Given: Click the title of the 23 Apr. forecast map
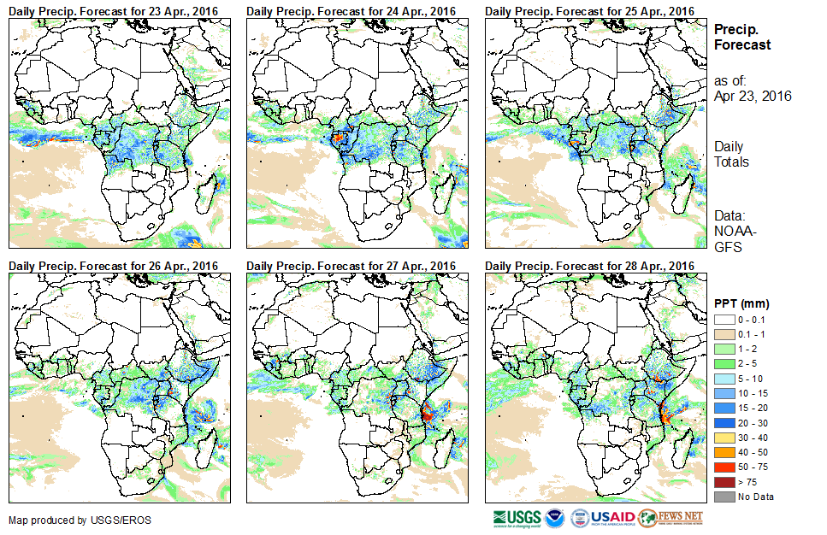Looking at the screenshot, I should point(113,10).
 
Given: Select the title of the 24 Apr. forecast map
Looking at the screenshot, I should point(351,10).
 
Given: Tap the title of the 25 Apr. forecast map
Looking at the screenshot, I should point(589,10).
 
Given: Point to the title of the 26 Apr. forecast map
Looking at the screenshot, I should point(113,266).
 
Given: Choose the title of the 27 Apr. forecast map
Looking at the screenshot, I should point(351,266).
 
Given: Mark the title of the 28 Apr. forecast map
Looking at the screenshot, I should point(589,266).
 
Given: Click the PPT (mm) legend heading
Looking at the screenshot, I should point(741,303).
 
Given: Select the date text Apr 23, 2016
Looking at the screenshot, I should point(752,96).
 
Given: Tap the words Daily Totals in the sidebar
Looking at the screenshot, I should point(731,154).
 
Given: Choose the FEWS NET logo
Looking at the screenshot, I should point(670,517).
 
